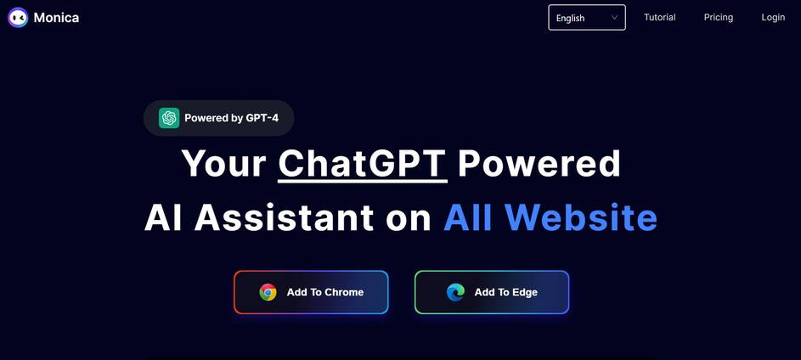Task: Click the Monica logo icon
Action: point(18,17)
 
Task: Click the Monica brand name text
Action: point(56,17)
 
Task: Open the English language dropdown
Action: point(587,17)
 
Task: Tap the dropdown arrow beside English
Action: point(614,17)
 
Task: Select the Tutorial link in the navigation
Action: point(659,17)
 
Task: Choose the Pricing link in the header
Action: point(719,17)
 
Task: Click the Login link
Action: point(773,17)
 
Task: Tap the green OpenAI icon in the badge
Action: point(169,118)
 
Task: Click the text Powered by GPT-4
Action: point(231,118)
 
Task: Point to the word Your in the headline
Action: point(223,164)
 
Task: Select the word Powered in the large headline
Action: point(539,164)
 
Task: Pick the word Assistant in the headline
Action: point(284,217)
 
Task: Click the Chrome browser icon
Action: point(268,292)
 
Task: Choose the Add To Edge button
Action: point(492,292)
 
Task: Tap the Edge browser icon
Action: point(455,292)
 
